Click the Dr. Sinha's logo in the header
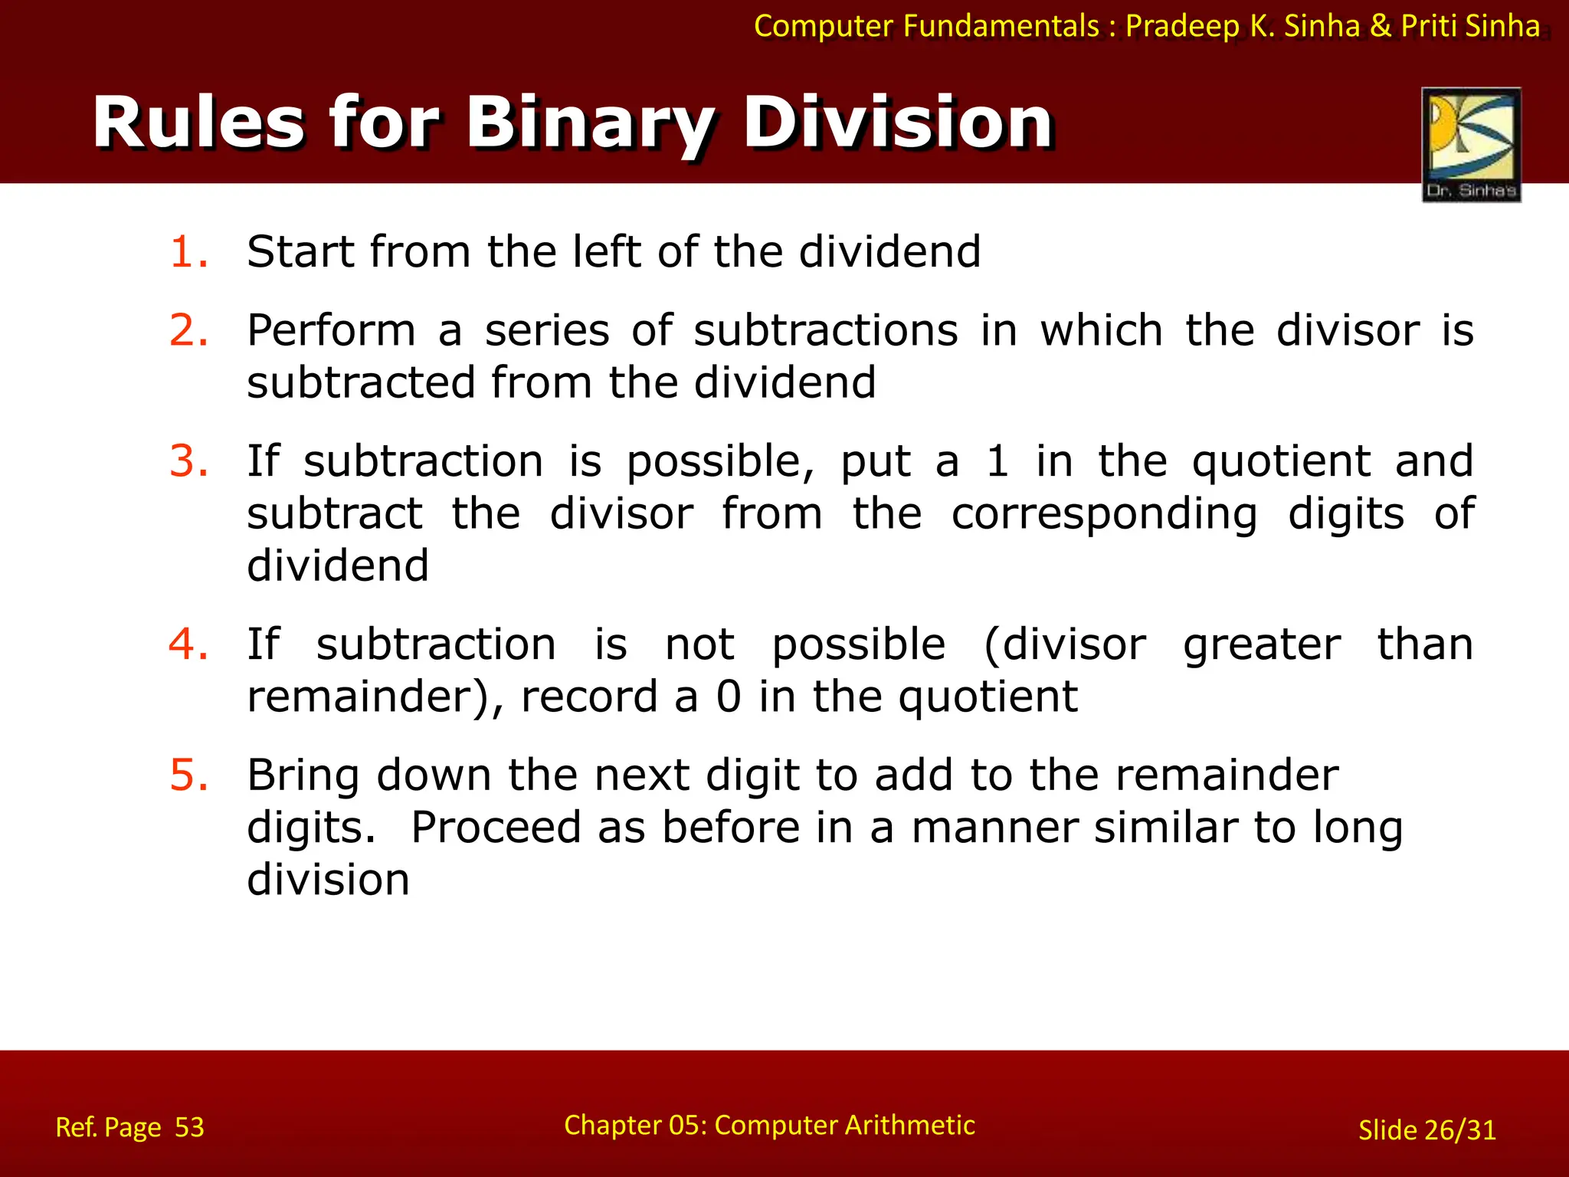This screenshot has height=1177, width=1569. point(1471,144)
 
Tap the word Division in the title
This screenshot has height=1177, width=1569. point(898,123)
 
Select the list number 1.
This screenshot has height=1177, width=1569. point(188,252)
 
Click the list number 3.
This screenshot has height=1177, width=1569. point(188,461)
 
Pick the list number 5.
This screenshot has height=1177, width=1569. point(188,775)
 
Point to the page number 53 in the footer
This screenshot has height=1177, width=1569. point(189,1127)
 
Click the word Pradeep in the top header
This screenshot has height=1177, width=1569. point(1183,26)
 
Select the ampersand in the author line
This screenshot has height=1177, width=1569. point(1380,26)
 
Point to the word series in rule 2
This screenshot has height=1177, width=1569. point(547,331)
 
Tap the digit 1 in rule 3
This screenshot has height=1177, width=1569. point(997,461)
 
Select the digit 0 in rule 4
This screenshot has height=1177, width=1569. point(729,697)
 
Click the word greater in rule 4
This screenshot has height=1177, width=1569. point(1262,645)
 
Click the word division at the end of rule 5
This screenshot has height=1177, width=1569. point(328,880)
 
